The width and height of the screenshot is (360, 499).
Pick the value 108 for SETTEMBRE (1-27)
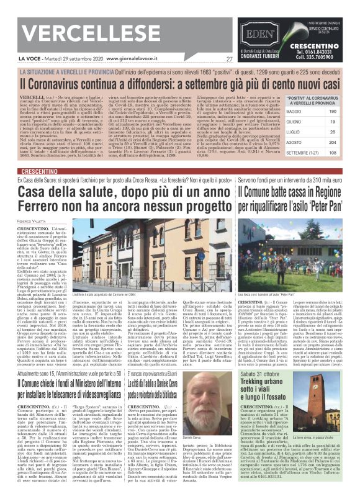[x=331, y=153]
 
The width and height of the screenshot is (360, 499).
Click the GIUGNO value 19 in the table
[x=332, y=122]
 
